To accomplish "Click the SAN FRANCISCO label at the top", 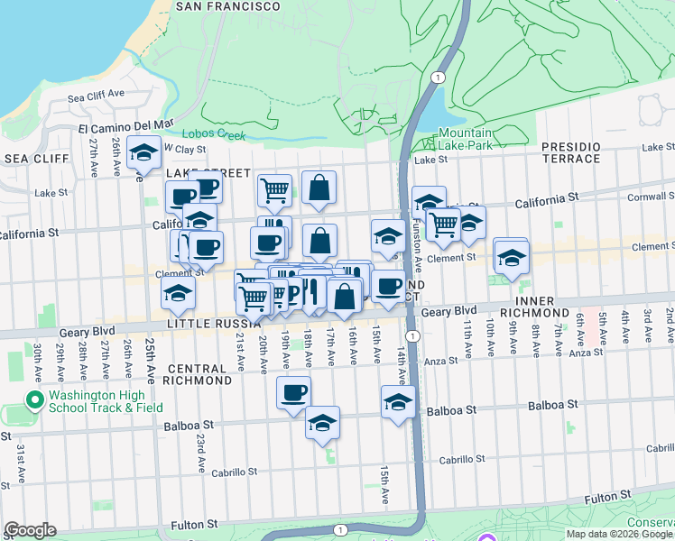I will [x=227, y=5].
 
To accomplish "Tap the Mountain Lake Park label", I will [x=465, y=139].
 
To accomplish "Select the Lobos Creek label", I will [x=219, y=135].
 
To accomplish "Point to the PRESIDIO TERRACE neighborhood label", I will [x=570, y=152].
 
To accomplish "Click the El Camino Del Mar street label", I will [x=125, y=125].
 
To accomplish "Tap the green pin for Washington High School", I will [x=35, y=399].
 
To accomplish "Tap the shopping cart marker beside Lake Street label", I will [x=274, y=189].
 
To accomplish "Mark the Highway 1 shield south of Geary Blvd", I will [x=411, y=335].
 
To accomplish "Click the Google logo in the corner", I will [x=30, y=530].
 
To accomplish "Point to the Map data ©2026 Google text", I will [x=619, y=534].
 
